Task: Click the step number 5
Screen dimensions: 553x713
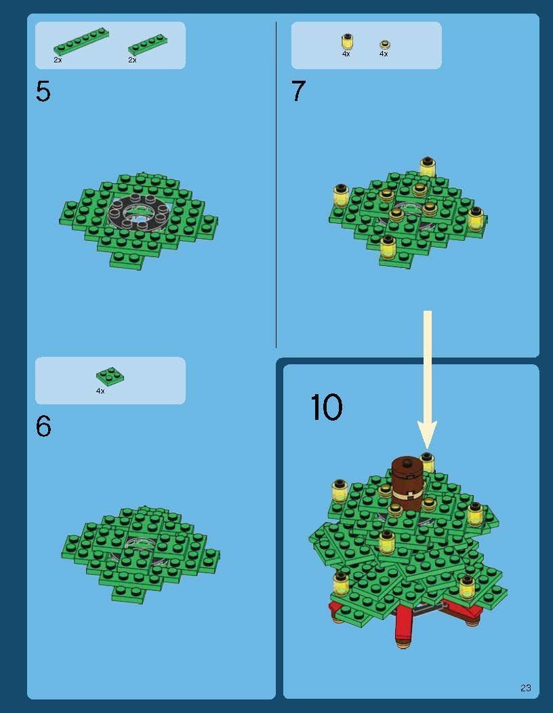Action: click(43, 91)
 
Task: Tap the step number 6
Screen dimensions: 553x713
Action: click(43, 426)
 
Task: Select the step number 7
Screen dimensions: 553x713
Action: click(299, 90)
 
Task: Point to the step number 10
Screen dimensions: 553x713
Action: click(326, 407)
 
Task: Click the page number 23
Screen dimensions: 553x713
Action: click(525, 687)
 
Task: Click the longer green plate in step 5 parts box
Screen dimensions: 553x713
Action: click(81, 41)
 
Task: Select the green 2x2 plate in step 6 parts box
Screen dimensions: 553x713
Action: click(110, 376)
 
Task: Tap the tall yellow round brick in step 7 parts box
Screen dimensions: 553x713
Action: click(347, 41)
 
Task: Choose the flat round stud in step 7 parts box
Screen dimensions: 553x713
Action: click(384, 45)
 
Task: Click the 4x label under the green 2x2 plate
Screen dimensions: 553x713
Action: click(100, 391)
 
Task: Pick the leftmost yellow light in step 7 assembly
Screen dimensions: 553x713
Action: click(340, 196)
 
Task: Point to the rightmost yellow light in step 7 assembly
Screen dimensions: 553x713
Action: click(476, 218)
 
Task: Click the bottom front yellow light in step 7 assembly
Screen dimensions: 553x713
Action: click(388, 247)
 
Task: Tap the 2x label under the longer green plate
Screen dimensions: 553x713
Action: click(58, 60)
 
